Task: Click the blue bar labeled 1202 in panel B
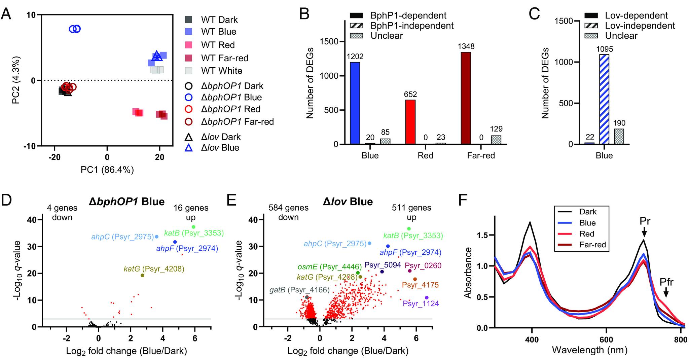(x=355, y=103)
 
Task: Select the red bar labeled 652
(x=410, y=122)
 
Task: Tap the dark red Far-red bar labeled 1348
(x=466, y=98)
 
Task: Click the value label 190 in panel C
(x=618, y=123)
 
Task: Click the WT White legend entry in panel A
(x=221, y=71)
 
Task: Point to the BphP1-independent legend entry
(x=412, y=26)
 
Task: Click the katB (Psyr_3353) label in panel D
(x=194, y=233)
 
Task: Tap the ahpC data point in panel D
(x=156, y=237)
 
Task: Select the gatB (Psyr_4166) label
(x=299, y=290)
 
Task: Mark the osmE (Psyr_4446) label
(x=329, y=267)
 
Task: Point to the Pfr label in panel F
(x=666, y=282)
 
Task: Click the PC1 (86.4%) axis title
(x=107, y=170)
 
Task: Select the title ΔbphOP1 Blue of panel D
(x=126, y=202)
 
